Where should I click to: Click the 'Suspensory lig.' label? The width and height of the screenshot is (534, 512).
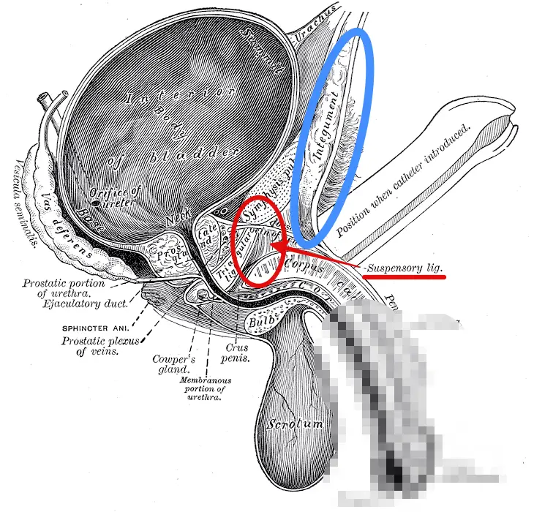pyautogui.click(x=406, y=268)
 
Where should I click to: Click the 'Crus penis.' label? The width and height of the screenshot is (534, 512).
pyautogui.click(x=237, y=354)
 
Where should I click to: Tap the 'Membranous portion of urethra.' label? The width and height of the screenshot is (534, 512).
pyautogui.click(x=206, y=389)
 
